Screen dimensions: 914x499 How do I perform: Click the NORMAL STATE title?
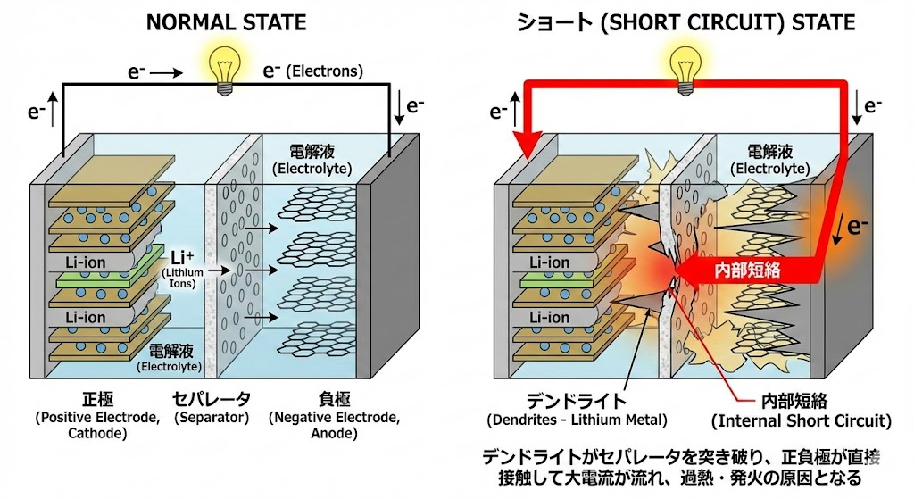click(x=226, y=22)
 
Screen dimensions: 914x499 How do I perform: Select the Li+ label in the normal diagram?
click(x=182, y=258)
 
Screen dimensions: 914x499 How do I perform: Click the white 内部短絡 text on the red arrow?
click(x=747, y=270)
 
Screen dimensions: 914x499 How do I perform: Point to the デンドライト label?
click(x=576, y=401)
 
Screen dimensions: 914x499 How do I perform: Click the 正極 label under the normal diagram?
click(x=97, y=399)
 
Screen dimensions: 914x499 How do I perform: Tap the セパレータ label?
click(x=211, y=399)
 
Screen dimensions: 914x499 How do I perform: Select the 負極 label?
click(x=334, y=399)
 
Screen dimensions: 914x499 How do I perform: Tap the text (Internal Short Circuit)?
click(x=802, y=420)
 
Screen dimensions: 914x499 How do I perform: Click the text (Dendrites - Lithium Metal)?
click(x=577, y=420)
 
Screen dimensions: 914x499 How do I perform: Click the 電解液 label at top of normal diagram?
click(x=312, y=152)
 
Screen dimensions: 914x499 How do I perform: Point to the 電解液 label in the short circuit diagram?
click(x=770, y=152)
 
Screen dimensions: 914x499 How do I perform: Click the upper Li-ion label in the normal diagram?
click(x=85, y=262)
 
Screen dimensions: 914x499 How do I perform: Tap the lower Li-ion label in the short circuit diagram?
click(x=549, y=318)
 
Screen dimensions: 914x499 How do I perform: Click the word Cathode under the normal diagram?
click(x=97, y=433)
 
